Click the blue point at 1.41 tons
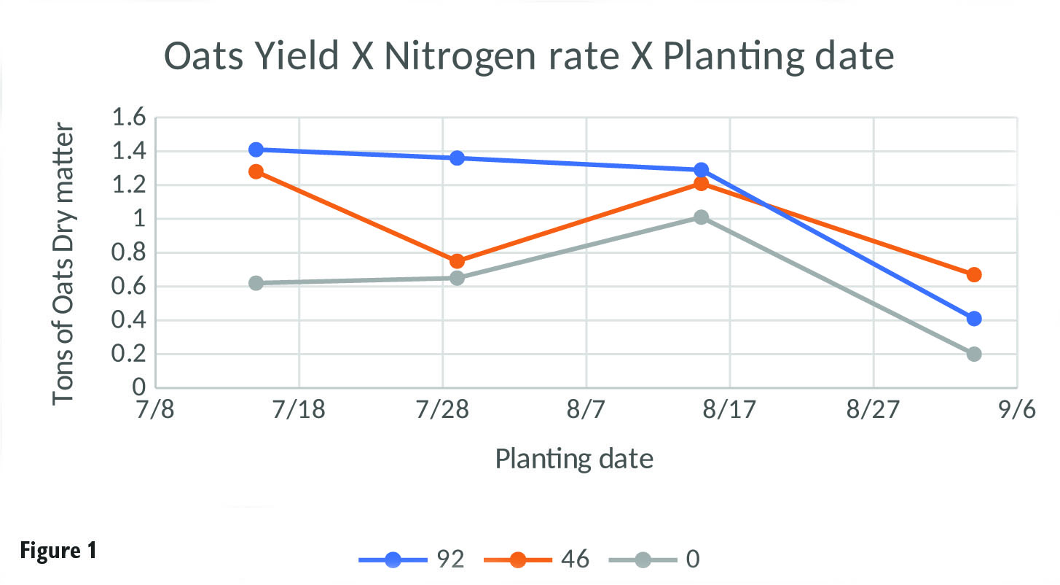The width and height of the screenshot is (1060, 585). pos(256,150)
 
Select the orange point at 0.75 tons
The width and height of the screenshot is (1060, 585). pos(457,261)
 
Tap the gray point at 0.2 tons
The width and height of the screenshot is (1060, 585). pos(974,354)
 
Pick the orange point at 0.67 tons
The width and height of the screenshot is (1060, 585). pos(974,274)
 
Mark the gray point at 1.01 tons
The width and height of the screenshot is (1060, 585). pos(701,217)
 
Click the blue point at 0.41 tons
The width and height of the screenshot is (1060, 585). pos(974,318)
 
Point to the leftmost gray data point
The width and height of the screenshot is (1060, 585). pos(256,283)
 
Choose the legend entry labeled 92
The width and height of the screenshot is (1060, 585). pos(412,559)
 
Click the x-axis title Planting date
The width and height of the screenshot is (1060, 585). pos(574,459)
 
